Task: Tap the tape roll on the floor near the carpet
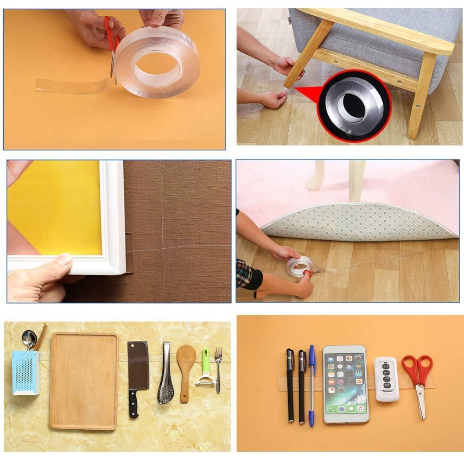(299, 266)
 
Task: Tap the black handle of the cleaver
(134, 404)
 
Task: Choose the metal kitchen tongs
(166, 375)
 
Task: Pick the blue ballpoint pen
(311, 385)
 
